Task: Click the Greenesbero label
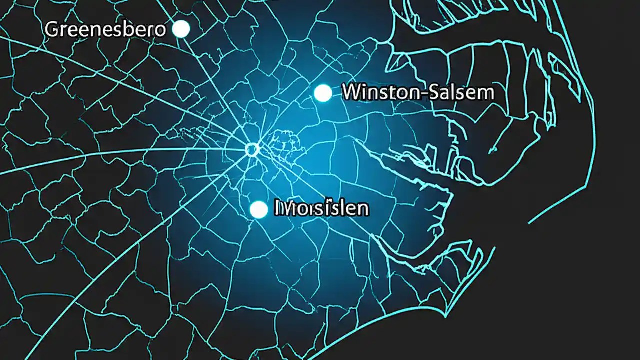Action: (105, 30)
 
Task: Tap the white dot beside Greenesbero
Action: (180, 29)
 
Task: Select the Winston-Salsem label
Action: (418, 92)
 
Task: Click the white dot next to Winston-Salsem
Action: (323, 93)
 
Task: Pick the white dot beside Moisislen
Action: (258, 209)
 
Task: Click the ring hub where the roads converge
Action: (252, 149)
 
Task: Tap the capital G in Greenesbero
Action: (51, 30)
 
